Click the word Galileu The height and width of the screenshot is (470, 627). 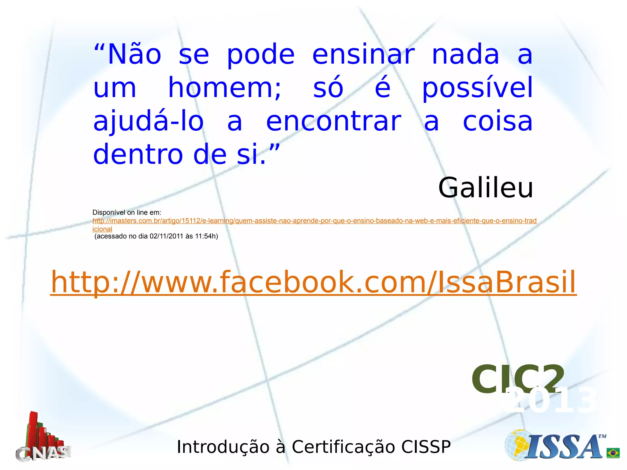click(486, 188)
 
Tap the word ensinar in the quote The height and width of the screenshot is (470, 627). click(363, 54)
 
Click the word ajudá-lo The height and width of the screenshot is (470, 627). click(148, 121)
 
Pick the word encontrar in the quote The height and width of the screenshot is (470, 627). click(333, 121)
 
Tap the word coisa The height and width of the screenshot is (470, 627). click(497, 121)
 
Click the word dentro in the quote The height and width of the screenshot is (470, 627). click(138, 155)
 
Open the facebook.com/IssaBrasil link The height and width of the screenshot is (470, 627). click(313, 282)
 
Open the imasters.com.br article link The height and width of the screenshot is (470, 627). click(314, 221)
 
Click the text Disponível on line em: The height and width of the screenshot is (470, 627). click(127, 212)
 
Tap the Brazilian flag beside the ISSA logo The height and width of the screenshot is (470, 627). click(613, 453)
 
